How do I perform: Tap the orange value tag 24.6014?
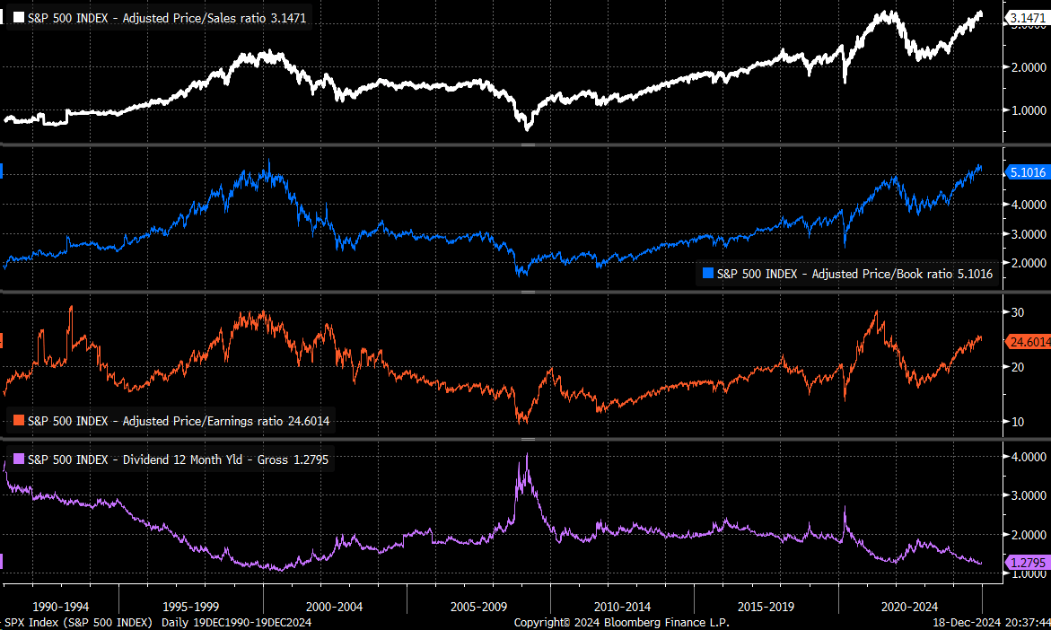[x=1029, y=341]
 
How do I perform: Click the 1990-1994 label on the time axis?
[x=60, y=607]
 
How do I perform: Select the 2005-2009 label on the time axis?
[x=479, y=607]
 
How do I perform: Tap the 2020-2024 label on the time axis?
[x=909, y=607]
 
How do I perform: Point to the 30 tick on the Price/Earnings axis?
[x=1017, y=312]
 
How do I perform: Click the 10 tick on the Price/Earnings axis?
[x=1017, y=421]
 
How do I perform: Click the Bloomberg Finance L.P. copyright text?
[x=621, y=622]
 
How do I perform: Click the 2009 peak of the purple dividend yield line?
[x=527, y=455]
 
